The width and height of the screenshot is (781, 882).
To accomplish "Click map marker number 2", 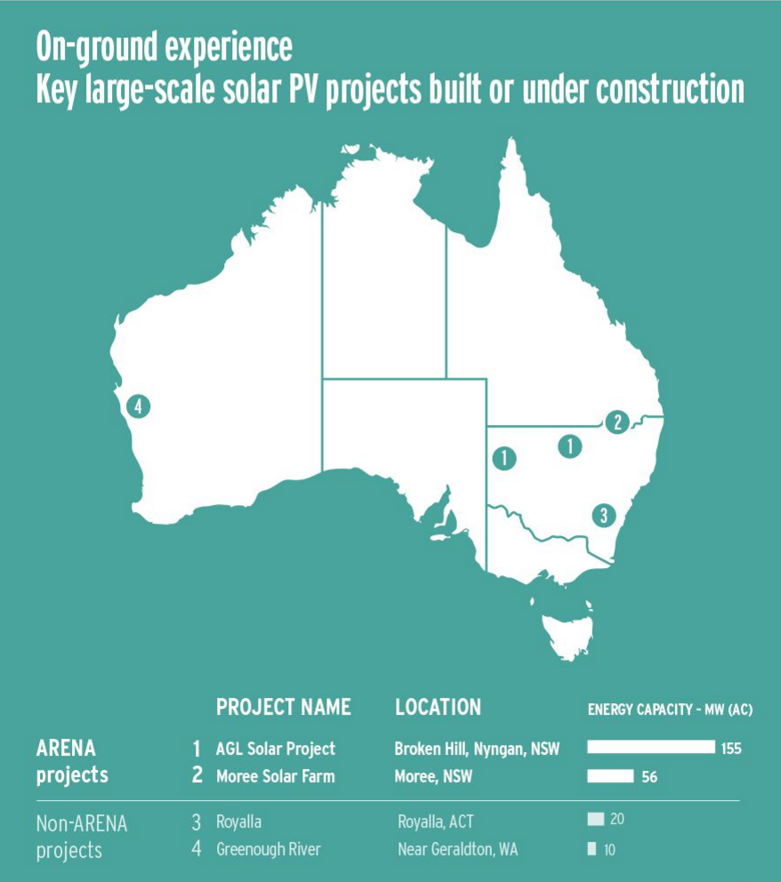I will tap(615, 422).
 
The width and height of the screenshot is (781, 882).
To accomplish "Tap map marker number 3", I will tap(603, 515).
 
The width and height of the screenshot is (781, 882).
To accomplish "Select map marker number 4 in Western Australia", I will tap(137, 407).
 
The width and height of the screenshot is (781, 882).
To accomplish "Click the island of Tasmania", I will tap(564, 631).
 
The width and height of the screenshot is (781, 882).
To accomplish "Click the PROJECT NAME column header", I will tap(283, 708).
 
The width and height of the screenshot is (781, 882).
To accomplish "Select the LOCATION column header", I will tap(438, 708).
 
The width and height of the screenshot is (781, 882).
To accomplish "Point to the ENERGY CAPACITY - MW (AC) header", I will tap(670, 710).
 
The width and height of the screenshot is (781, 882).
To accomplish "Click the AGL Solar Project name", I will tap(276, 749).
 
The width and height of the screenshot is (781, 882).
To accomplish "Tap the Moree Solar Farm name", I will tap(276, 776).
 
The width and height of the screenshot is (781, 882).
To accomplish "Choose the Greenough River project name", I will tap(269, 849).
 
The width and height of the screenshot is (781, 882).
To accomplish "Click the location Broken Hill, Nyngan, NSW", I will tap(477, 749).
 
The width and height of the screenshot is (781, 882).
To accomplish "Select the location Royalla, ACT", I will tap(440, 822).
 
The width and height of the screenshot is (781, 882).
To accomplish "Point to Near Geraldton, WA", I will tap(457, 849).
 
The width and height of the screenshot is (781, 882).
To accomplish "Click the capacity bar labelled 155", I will tap(651, 748).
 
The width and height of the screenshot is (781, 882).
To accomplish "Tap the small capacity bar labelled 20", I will tap(596, 819).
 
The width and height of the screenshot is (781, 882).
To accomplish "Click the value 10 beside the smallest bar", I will tap(609, 850).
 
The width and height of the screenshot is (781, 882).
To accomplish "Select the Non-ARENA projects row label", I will tap(82, 837).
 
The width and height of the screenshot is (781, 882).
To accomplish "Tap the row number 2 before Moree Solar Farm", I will tap(197, 776).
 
